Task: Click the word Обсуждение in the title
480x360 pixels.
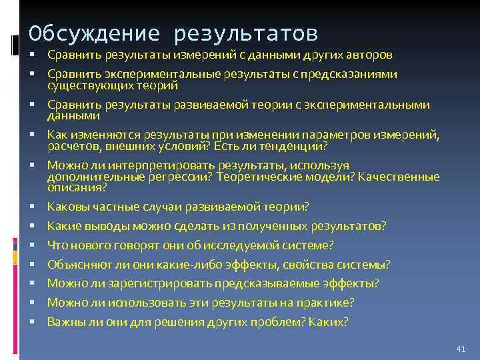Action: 94,33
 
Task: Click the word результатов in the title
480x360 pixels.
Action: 246,33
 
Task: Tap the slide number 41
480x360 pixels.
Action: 459,349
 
